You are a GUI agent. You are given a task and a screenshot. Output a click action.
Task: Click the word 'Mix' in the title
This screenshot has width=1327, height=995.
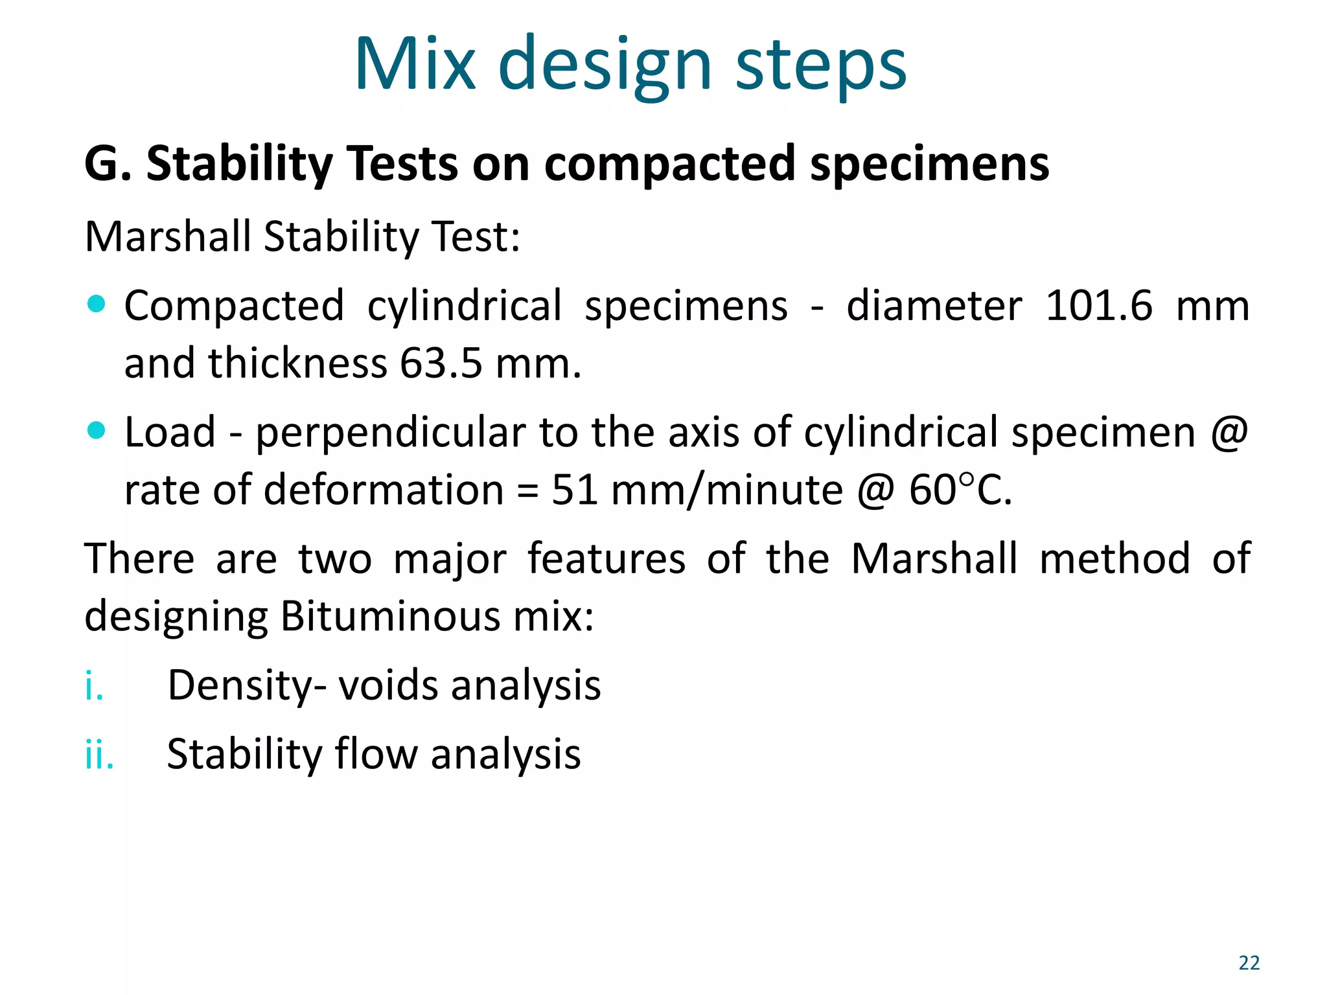(415, 65)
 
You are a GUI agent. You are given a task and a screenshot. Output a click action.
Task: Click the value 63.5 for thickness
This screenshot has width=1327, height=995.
(441, 363)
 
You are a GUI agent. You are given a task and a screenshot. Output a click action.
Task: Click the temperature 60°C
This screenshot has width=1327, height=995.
(960, 490)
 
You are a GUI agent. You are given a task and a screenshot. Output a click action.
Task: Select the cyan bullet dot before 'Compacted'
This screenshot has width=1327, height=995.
(96, 303)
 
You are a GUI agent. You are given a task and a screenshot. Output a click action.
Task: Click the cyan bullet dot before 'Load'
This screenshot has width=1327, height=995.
(96, 429)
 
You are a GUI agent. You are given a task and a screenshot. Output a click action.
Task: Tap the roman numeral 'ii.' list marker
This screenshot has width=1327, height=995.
(99, 755)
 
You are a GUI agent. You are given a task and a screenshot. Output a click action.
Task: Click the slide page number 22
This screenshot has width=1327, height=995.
(1249, 963)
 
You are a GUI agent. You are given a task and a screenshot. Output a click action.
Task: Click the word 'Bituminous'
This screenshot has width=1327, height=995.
(390, 616)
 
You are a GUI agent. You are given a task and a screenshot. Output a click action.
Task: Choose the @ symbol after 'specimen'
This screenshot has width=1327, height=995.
(1229, 432)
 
